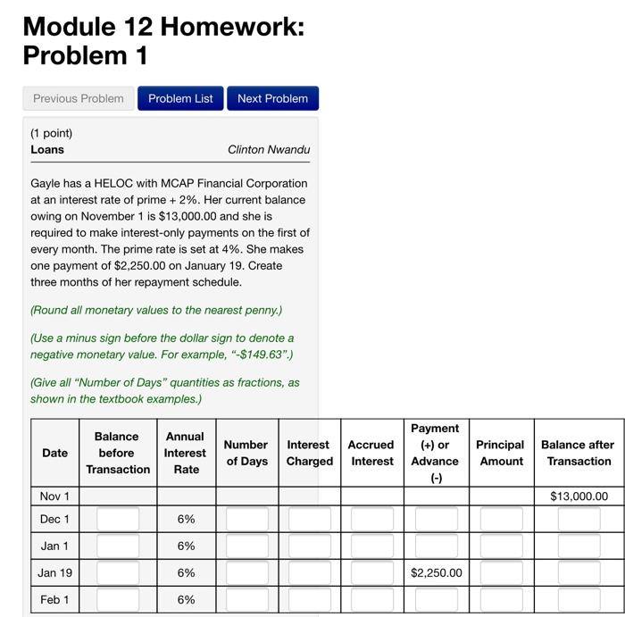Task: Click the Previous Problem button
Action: click(79, 98)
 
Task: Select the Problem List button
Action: click(180, 98)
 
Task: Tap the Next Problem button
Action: click(272, 98)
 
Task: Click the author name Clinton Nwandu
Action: click(269, 149)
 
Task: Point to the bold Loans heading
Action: click(47, 149)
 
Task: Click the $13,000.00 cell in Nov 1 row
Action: click(579, 496)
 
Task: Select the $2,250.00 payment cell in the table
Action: click(437, 572)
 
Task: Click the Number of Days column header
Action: click(246, 453)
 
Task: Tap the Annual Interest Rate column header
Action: click(186, 453)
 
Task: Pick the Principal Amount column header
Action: click(500, 453)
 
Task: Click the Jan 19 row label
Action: click(54, 572)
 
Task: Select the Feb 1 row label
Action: click(54, 599)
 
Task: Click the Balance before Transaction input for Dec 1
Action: click(118, 519)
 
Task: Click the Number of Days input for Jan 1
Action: click(246, 546)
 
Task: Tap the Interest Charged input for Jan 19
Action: click(309, 572)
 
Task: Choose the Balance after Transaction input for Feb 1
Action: click(579, 599)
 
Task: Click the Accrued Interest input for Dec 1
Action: click(371, 519)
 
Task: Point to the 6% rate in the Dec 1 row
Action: click(186, 519)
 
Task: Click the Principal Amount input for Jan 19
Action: click(501, 572)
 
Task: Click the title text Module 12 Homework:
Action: click(163, 26)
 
